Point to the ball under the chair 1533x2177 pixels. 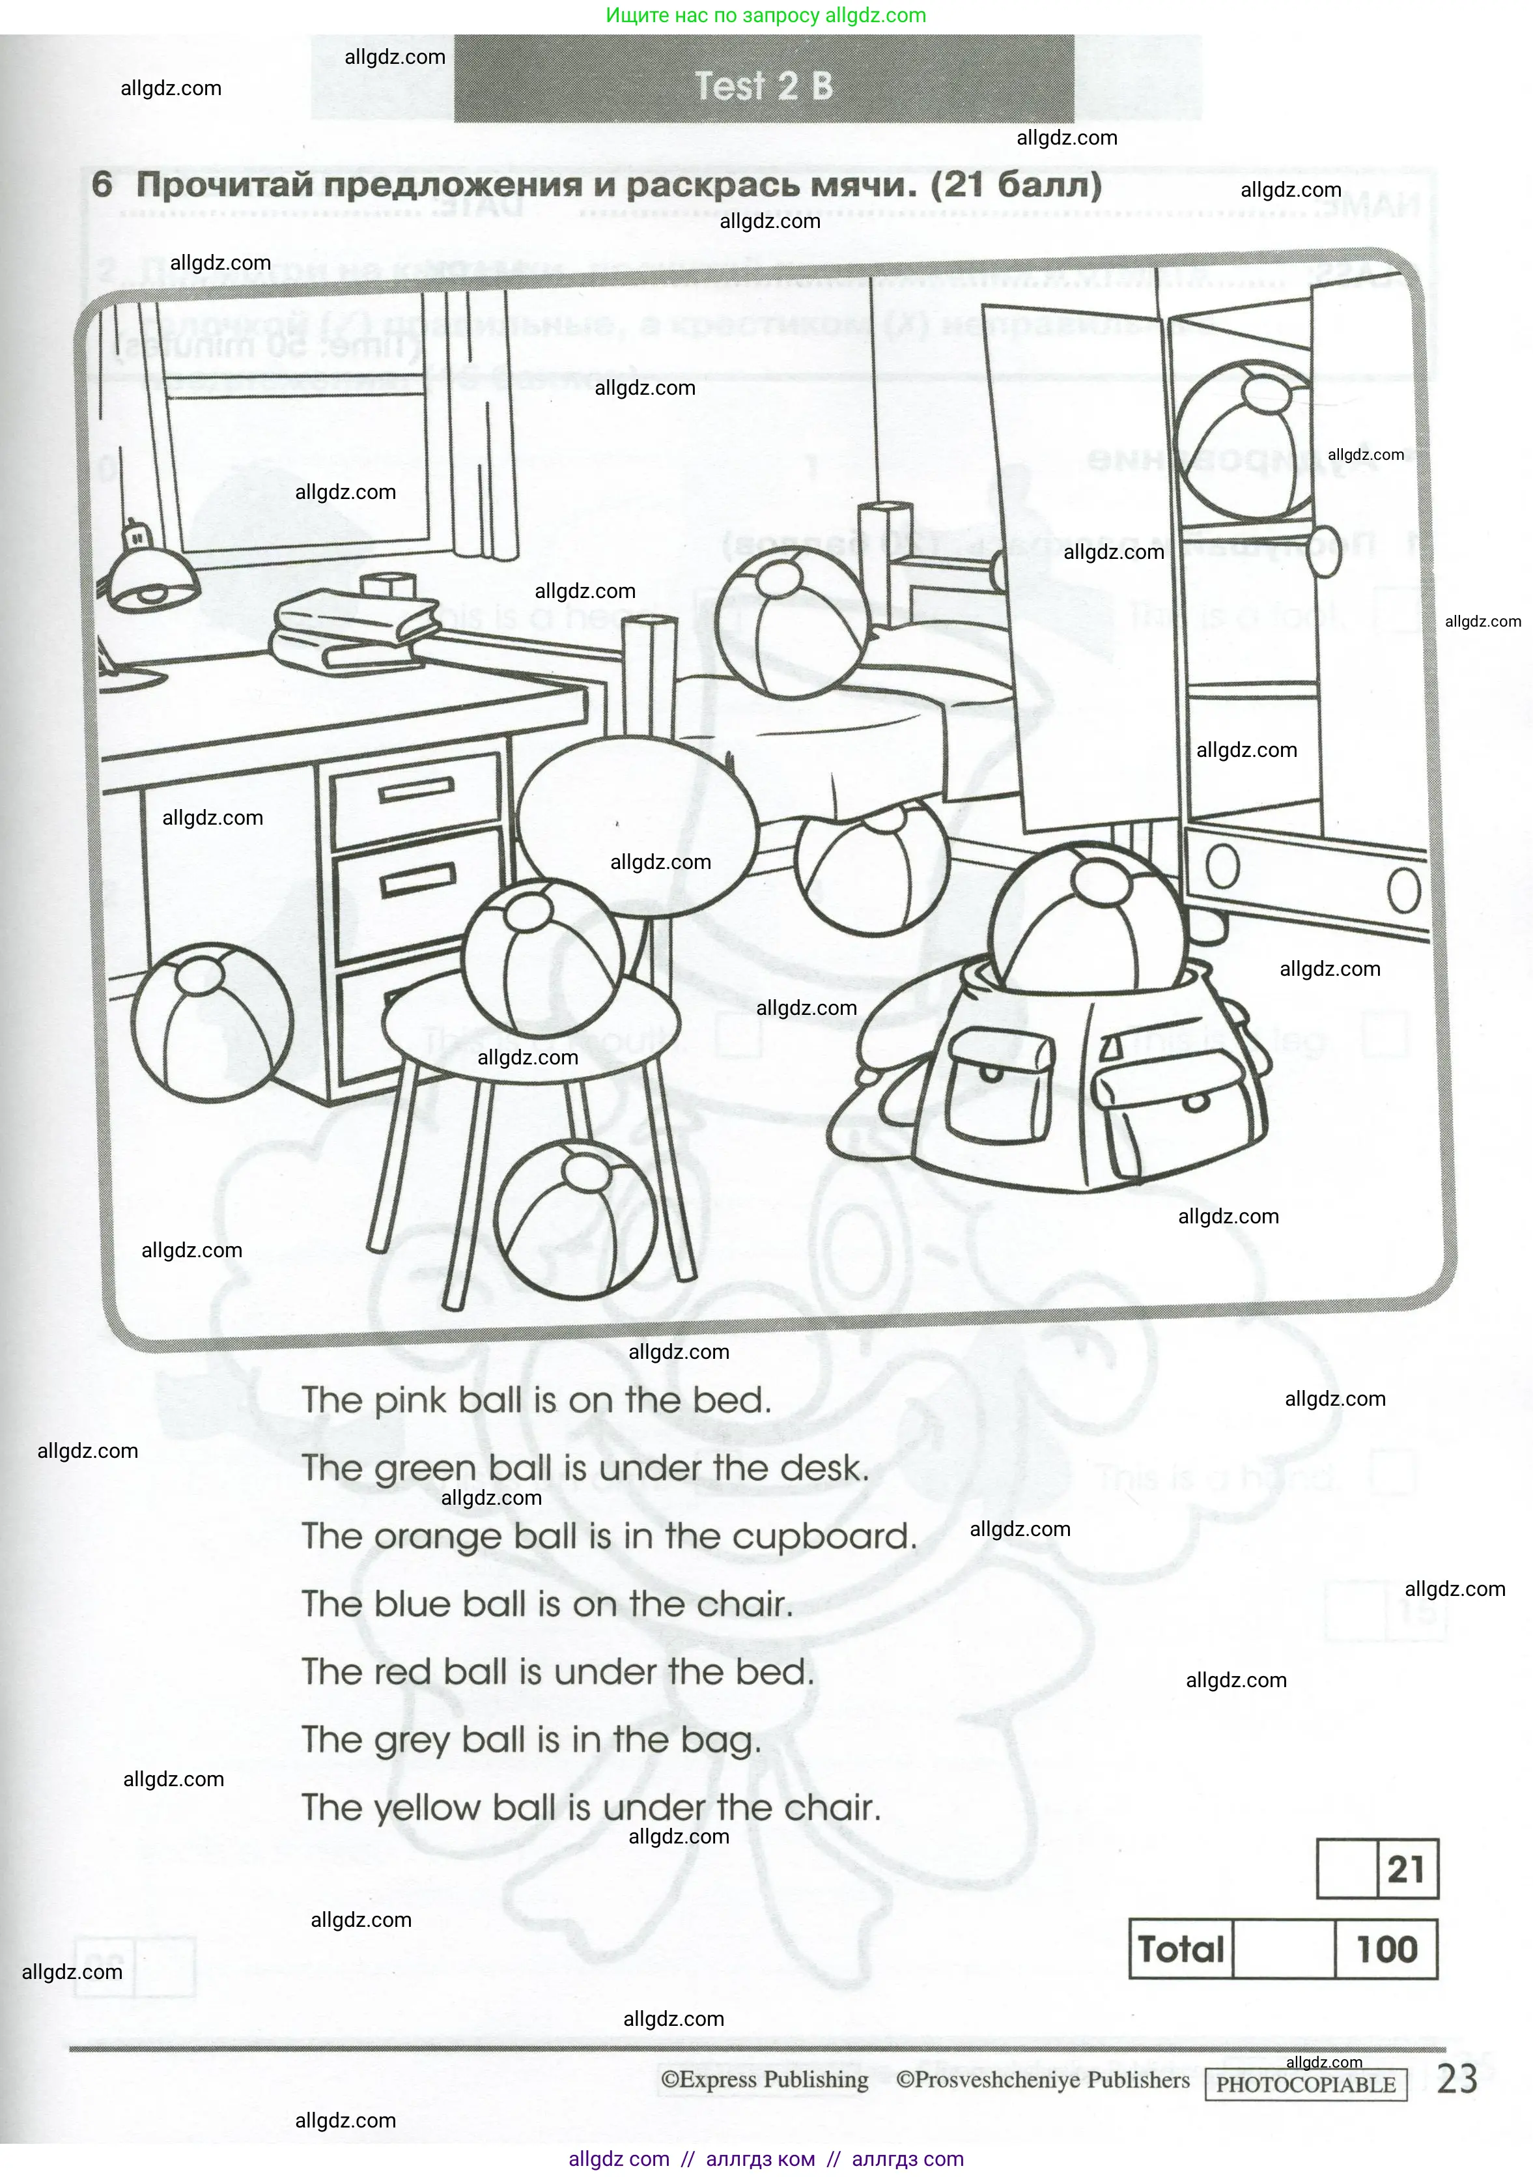click(x=576, y=1219)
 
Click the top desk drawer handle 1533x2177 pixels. click(x=417, y=789)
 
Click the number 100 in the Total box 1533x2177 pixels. click(x=1386, y=1950)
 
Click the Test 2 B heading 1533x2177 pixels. click(x=764, y=86)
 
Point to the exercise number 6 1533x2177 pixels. click(x=102, y=184)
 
